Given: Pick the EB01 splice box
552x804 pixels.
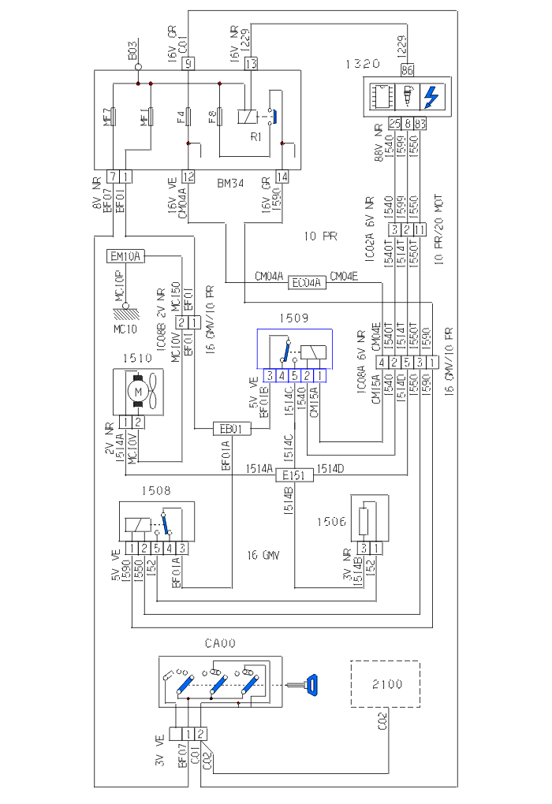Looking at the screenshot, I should click(x=232, y=430).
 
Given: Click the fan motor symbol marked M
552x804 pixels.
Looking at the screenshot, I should click(x=138, y=392).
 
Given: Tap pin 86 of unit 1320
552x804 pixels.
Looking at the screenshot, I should click(x=407, y=70).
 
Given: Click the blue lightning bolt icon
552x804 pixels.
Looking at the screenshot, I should click(x=433, y=97).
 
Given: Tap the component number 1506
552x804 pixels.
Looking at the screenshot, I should click(x=330, y=523).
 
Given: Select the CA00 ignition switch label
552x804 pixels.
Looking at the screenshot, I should click(x=220, y=645).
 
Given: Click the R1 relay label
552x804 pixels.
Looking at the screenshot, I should click(x=255, y=136).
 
